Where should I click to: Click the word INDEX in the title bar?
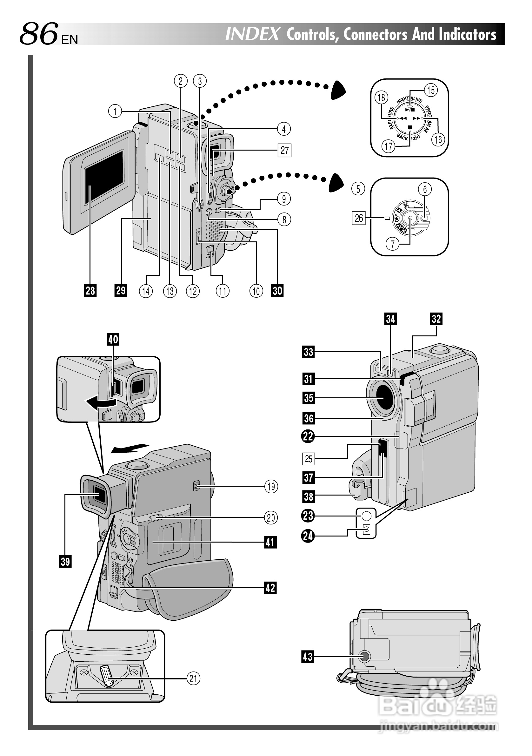click(252, 34)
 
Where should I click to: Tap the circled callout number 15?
click(431, 90)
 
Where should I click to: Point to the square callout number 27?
click(285, 150)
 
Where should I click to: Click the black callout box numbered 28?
click(90, 290)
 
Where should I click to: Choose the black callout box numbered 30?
click(277, 290)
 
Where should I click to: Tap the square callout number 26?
click(359, 218)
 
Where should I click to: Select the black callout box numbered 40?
click(113, 339)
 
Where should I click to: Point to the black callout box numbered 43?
click(308, 657)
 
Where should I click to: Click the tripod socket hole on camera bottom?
click(363, 657)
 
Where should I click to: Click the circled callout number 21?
click(193, 678)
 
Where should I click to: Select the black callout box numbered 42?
click(270, 587)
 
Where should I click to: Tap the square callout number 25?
click(308, 459)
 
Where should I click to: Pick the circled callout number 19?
click(271, 486)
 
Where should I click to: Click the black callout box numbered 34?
click(390, 319)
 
